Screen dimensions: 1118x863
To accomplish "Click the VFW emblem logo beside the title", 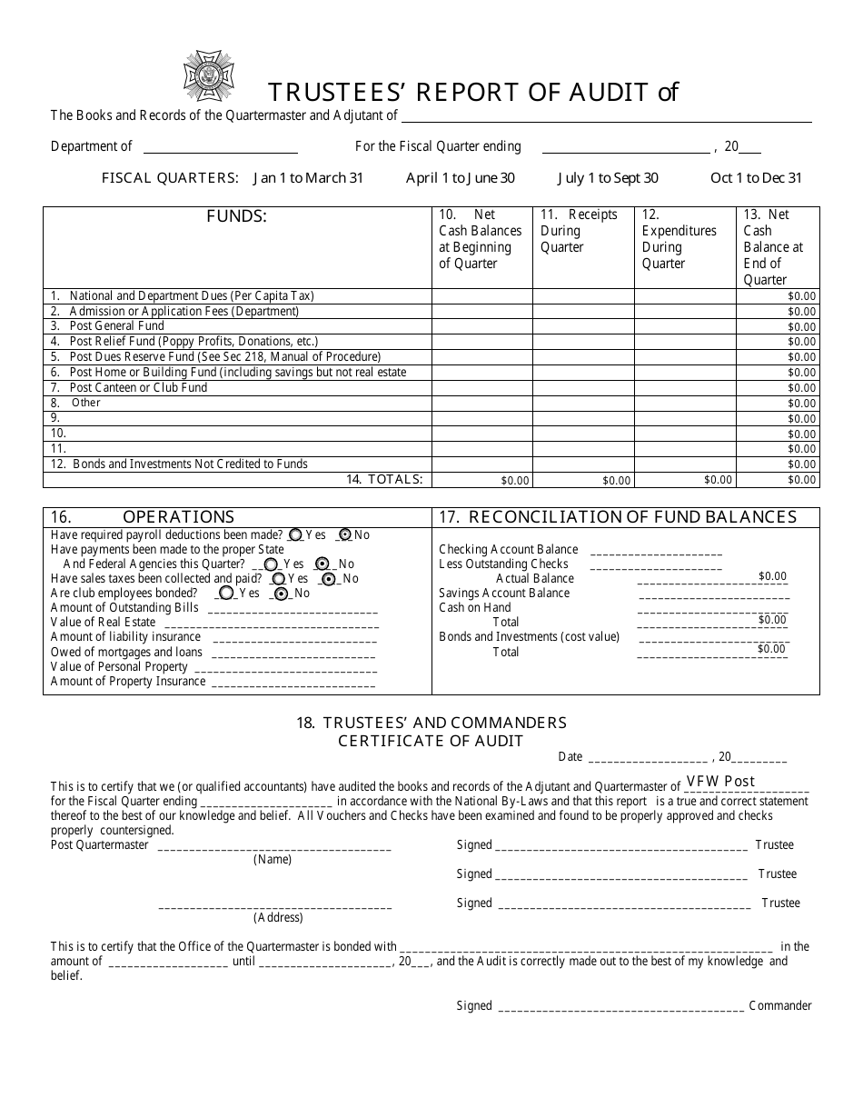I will [x=209, y=75].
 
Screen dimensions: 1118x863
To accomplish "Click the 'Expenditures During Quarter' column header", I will [x=679, y=239].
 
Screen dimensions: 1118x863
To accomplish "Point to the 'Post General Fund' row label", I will [x=117, y=326].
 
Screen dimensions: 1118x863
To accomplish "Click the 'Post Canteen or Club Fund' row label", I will [x=138, y=388].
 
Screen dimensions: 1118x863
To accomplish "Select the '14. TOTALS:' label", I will [x=384, y=479].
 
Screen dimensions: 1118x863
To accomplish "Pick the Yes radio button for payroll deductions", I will [x=297, y=535].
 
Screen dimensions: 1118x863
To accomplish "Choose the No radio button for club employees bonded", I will [x=282, y=594].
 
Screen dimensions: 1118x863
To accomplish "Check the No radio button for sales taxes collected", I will [x=329, y=579].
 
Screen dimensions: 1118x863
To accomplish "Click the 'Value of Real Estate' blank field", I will [x=269, y=624].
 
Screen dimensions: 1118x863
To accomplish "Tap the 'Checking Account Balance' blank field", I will [x=656, y=550].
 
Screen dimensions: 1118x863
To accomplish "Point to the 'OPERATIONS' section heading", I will [x=178, y=517].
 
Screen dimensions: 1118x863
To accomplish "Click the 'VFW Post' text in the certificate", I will [x=720, y=782].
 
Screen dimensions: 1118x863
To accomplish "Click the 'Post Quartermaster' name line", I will [x=274, y=846].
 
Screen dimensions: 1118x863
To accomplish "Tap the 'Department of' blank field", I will [x=220, y=147].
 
